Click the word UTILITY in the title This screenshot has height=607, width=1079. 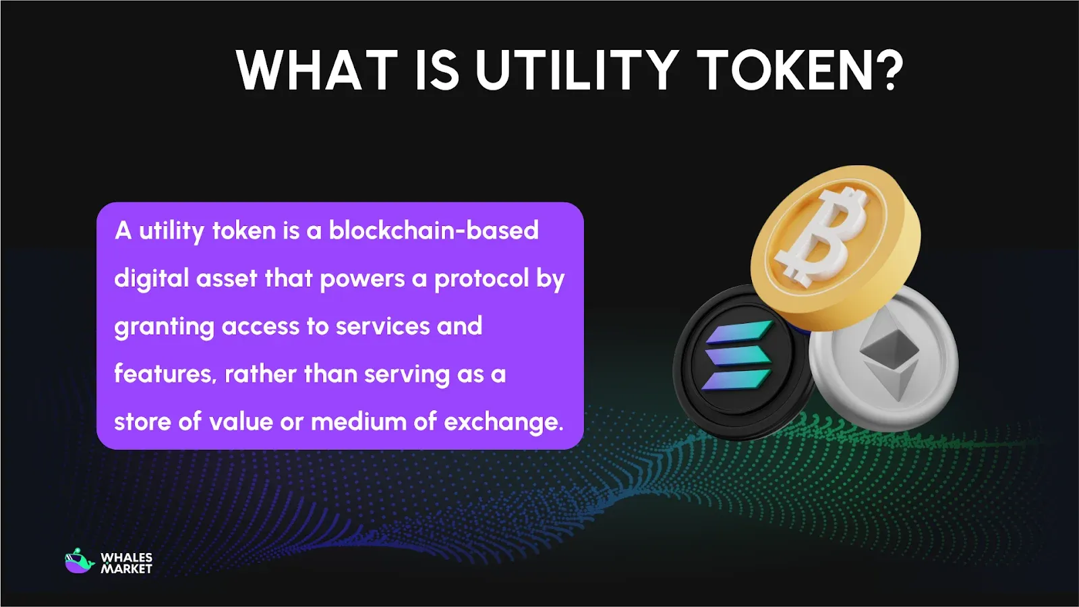coord(577,70)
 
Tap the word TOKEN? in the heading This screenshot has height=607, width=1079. coord(800,70)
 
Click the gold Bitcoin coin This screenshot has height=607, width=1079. coord(836,246)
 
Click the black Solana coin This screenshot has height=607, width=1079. coord(735,364)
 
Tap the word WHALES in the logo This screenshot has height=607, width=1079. coord(127,557)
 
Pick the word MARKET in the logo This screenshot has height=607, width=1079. coord(127,569)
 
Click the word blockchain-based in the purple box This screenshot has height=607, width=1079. coord(434,231)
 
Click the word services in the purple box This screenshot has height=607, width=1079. coord(382,326)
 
